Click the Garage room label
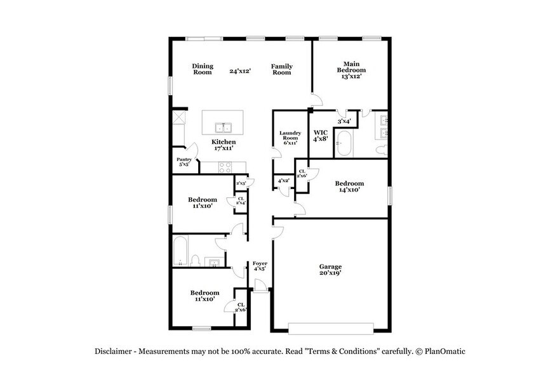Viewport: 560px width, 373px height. [330, 267]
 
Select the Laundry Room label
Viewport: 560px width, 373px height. [290, 135]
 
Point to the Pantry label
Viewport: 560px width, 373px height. [184, 159]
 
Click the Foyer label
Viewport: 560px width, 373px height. [260, 263]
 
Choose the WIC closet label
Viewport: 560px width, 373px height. [320, 133]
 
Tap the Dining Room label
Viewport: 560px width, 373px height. [203, 69]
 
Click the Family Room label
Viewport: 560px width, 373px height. [282, 69]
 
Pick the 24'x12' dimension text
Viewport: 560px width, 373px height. [241, 71]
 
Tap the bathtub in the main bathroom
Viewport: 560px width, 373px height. [345, 144]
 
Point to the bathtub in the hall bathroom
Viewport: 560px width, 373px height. [180, 251]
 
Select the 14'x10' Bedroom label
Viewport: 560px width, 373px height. [348, 186]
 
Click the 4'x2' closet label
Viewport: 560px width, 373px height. [283, 181]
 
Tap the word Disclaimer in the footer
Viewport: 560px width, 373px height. [114, 351]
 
